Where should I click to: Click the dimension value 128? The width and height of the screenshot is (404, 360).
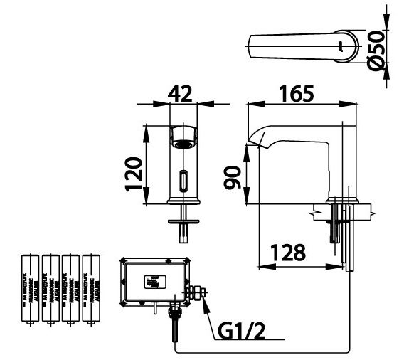pyautogui.click(x=288, y=253)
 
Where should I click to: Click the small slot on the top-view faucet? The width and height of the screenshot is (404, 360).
pyautogui.click(x=342, y=48)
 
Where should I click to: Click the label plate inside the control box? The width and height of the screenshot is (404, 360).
pyautogui.click(x=152, y=280)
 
